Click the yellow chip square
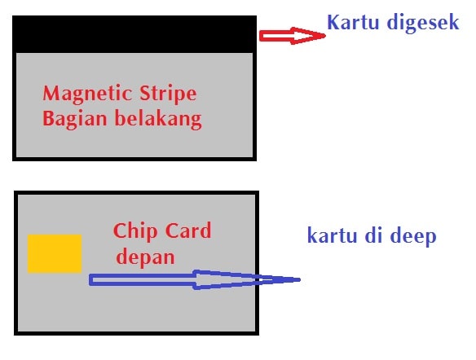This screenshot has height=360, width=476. click(x=55, y=253)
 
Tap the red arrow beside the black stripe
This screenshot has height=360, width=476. click(x=293, y=36)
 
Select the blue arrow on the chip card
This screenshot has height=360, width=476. click(x=194, y=279)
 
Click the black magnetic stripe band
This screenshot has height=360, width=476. click(x=134, y=34)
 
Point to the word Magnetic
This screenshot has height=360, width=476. click(x=88, y=94)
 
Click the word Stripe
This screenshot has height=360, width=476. click(x=168, y=94)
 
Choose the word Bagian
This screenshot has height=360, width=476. click(x=75, y=119)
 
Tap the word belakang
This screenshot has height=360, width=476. click(x=158, y=119)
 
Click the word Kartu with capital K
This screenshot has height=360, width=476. click(x=353, y=23)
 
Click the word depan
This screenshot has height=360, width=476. click(x=145, y=258)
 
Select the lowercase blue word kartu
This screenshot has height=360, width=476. click(x=332, y=235)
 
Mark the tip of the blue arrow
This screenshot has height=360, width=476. click(x=300, y=279)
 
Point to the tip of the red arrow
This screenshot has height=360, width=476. click(x=325, y=36)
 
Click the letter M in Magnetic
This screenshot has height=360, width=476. click(x=51, y=93)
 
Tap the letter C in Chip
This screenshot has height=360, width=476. click(x=120, y=230)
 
